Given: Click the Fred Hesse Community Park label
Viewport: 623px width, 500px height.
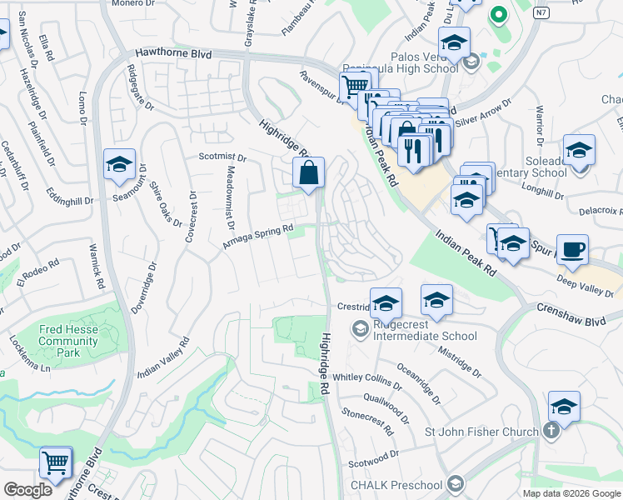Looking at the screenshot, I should coord(68,335).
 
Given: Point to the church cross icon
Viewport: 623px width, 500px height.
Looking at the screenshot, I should coord(550,431).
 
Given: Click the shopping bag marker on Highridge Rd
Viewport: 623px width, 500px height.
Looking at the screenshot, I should coord(308,174).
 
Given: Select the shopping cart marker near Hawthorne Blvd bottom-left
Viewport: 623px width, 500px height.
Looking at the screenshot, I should coord(56,462).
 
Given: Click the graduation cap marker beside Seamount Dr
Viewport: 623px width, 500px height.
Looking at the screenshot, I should coord(119,165).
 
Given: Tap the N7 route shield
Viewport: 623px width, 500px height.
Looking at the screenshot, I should coord(542,12).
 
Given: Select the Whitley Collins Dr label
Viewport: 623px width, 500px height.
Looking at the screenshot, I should coord(367,377).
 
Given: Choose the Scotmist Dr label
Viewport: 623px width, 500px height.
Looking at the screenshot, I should coord(222,157).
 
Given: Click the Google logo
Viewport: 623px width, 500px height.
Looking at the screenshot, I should coord(28,489).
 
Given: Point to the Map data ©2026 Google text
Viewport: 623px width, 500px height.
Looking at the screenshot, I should coord(571,493).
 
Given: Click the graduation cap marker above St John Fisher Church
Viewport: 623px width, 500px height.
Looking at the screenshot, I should coord(564,407).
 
